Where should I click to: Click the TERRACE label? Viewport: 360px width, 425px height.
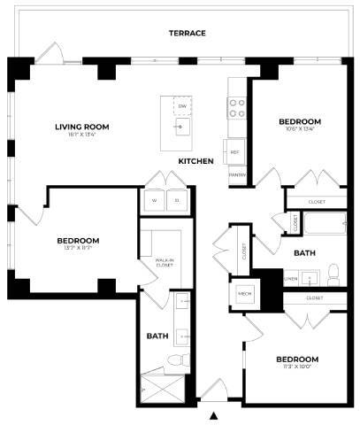(187, 33)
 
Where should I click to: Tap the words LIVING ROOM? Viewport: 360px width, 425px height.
(81, 127)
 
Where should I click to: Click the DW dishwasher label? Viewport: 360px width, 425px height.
(181, 105)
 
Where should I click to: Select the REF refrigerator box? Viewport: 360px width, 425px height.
(235, 152)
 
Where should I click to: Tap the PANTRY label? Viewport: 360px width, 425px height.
(236, 174)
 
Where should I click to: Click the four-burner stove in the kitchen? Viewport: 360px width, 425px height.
(237, 108)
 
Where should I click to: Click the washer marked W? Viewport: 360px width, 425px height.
(154, 201)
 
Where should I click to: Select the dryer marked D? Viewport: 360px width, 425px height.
(177, 201)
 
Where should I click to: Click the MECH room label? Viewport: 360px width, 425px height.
(244, 293)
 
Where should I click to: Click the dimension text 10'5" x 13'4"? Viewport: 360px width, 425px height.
(300, 129)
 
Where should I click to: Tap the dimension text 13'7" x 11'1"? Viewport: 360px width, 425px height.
(78, 249)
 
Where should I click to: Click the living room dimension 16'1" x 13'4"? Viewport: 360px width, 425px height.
(81, 135)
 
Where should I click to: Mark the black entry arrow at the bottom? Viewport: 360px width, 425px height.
(213, 415)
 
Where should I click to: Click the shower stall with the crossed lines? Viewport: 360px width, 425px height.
(165, 388)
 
